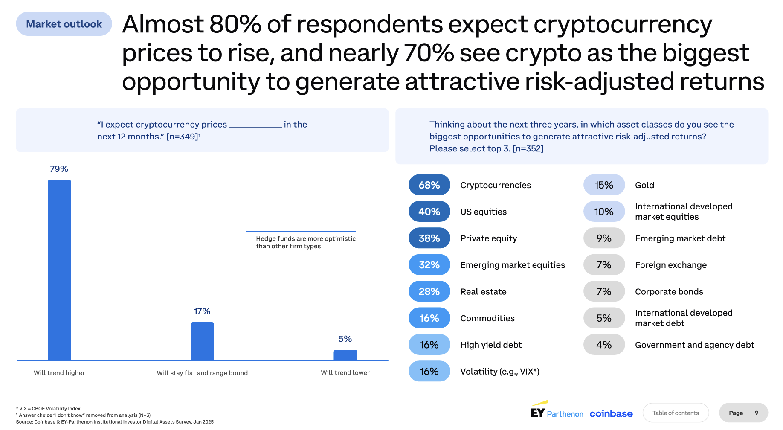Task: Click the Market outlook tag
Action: point(64,24)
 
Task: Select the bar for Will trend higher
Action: point(59,270)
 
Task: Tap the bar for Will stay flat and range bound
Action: point(202,341)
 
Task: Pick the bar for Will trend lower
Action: point(345,355)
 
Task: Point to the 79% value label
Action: point(59,169)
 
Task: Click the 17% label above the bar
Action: point(202,311)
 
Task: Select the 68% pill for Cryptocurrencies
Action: point(429,185)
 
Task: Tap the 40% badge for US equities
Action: point(429,212)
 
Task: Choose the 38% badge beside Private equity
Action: point(429,238)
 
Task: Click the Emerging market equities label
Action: point(513,265)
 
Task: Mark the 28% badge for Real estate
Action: point(429,291)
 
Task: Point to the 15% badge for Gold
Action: point(604,185)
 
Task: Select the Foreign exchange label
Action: point(671,265)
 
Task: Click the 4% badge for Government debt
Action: point(604,345)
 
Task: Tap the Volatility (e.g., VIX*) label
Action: point(500,372)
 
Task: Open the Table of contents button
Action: point(676,413)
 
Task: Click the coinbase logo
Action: point(611,413)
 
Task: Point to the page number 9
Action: point(757,413)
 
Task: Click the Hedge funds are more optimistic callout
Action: point(306,242)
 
